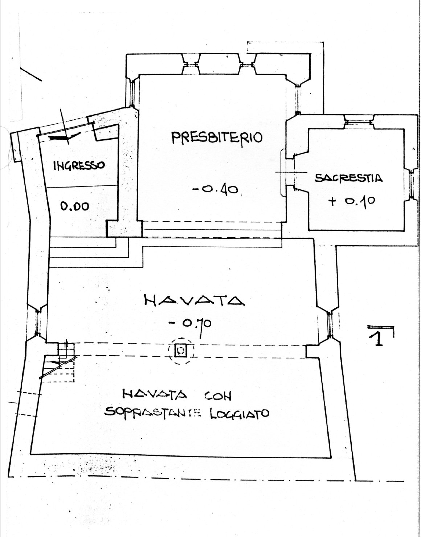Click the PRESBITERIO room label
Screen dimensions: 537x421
pos(216,138)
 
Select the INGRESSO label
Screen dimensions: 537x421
pos(79,165)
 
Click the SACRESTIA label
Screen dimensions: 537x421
pos(349,178)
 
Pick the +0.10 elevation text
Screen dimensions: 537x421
pos(351,201)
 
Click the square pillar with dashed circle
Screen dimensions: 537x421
pos(181,351)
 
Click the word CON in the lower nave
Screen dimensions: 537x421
pos(218,395)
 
